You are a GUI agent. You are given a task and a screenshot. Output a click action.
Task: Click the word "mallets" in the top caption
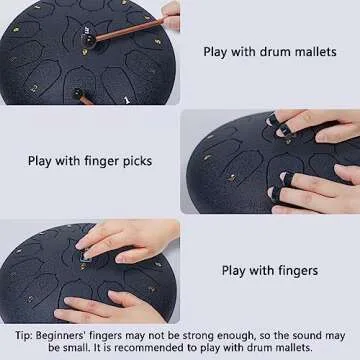point(311,51)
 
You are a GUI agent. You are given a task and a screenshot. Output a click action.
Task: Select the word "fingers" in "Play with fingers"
point(295,270)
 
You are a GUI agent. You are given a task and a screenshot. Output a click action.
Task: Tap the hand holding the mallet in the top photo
point(171,15)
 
